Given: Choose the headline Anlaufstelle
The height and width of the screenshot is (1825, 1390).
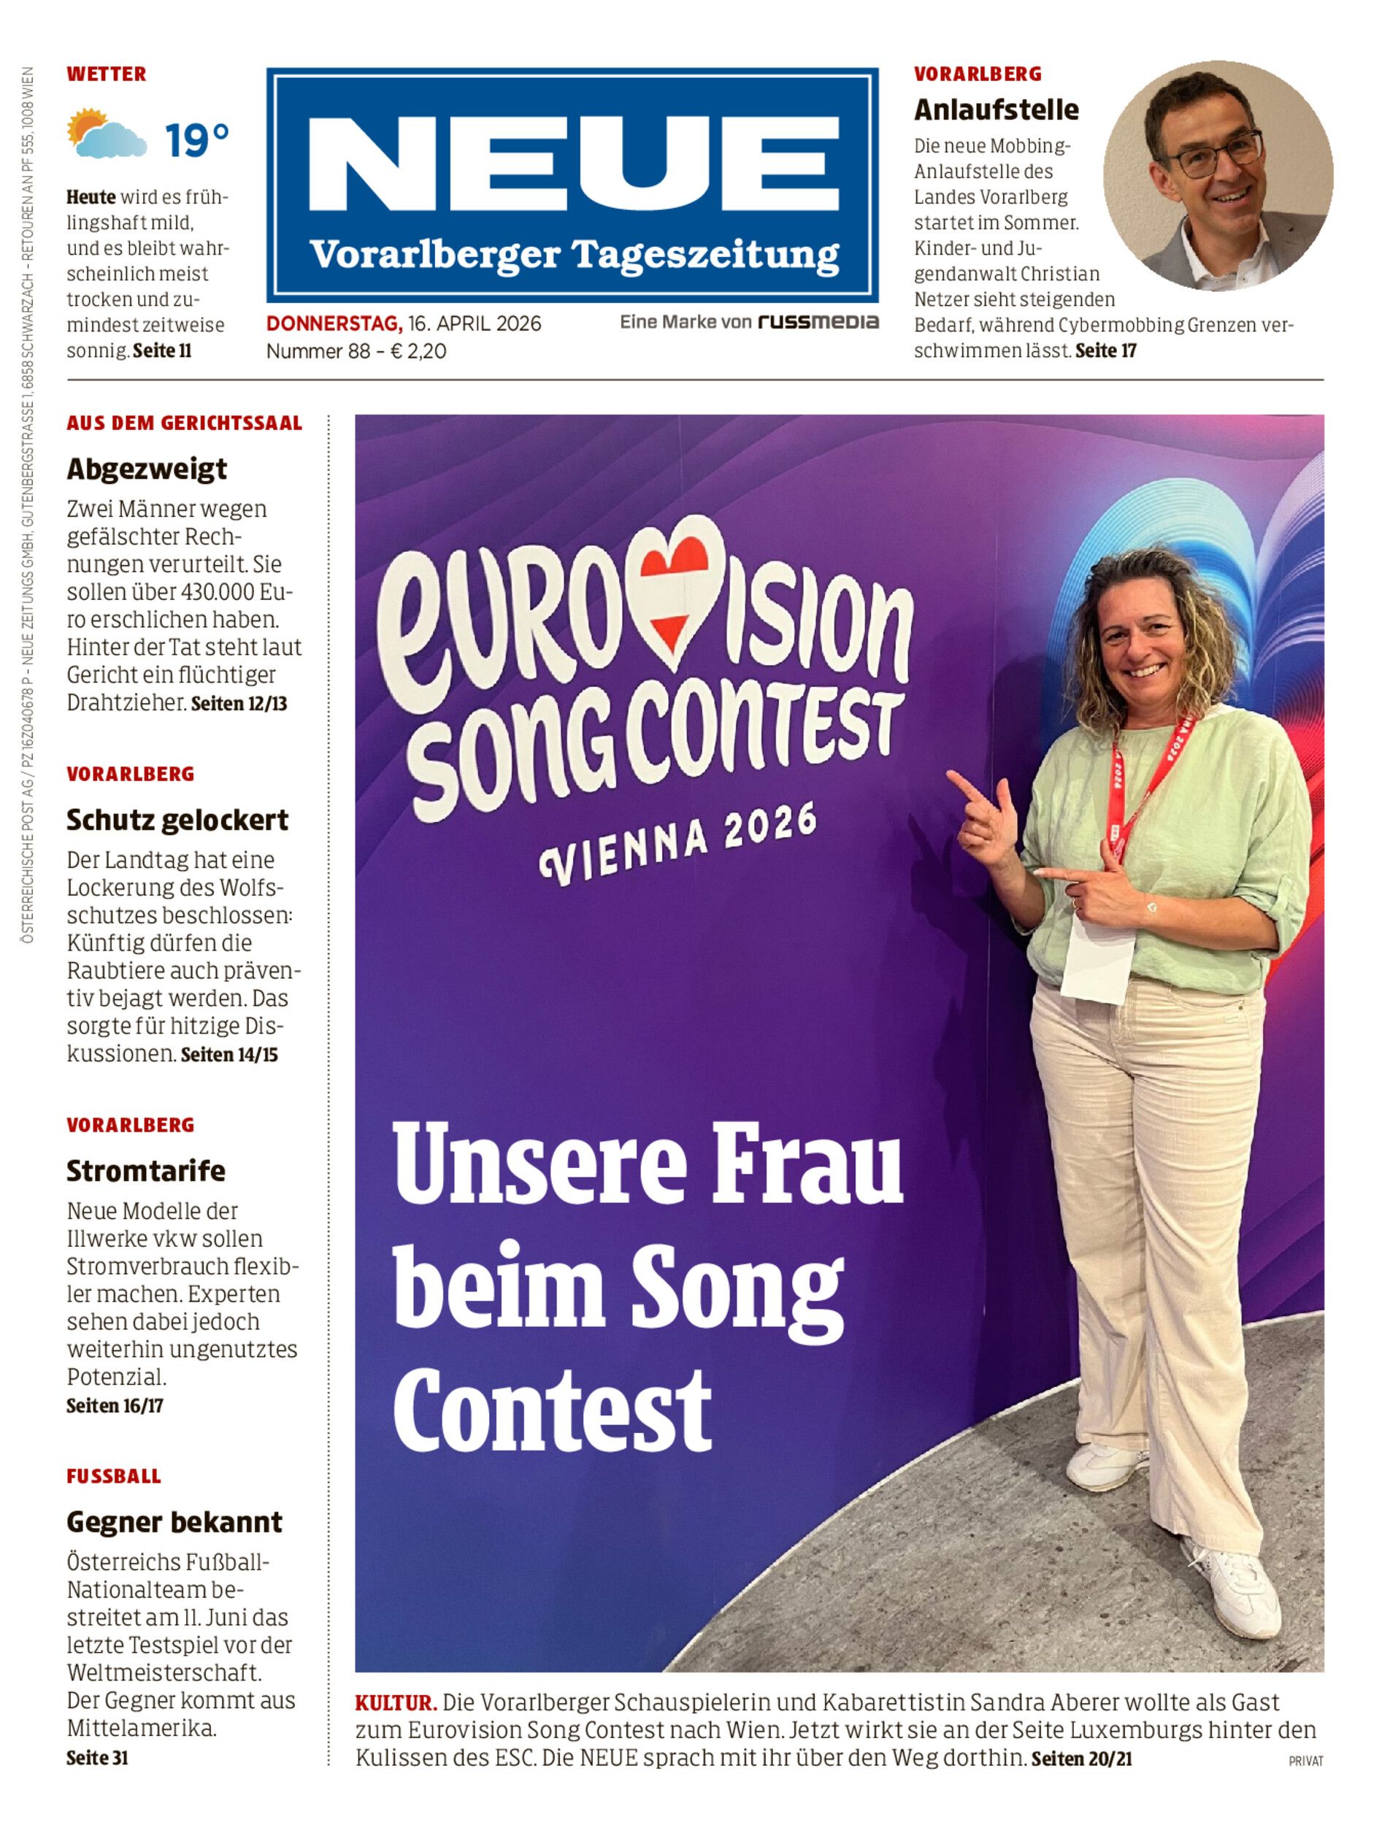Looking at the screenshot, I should pyautogui.click(x=997, y=109).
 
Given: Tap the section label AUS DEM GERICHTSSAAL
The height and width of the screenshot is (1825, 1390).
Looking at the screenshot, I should pyautogui.click(x=185, y=423).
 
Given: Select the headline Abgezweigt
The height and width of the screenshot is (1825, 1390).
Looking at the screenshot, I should pyautogui.click(x=147, y=469).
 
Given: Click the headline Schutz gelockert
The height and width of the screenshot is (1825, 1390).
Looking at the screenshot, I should pyautogui.click(x=177, y=820).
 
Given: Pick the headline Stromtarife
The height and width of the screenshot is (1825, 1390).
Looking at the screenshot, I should pyautogui.click(x=145, y=1171).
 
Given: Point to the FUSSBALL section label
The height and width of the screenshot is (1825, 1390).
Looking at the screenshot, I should pyautogui.click(x=114, y=1476).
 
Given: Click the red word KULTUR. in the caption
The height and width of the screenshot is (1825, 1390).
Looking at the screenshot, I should pyautogui.click(x=396, y=1702).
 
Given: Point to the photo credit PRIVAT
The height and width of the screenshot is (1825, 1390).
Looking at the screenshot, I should pyautogui.click(x=1305, y=1761).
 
